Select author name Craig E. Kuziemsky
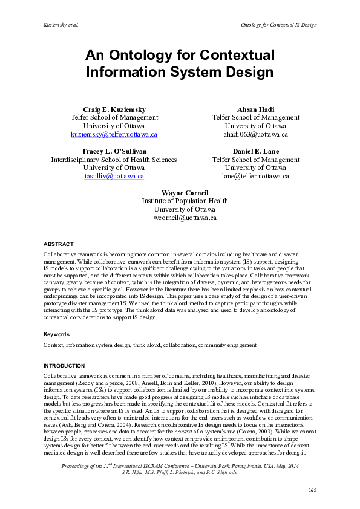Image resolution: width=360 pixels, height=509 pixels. tap(114, 109)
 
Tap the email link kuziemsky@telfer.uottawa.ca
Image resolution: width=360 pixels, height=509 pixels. tap(114, 134)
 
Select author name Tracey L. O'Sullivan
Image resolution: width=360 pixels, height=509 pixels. tap(114, 151)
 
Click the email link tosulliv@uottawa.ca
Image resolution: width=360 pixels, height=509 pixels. tap(114, 176)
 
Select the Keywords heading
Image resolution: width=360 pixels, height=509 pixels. tap(56, 334)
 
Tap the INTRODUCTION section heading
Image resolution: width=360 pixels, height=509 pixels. tap(64, 366)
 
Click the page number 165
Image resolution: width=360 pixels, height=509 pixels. tap(312, 489)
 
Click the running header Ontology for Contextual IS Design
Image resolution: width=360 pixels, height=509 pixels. tap(278, 25)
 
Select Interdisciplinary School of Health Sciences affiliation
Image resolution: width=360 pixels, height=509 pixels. tap(114, 160)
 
